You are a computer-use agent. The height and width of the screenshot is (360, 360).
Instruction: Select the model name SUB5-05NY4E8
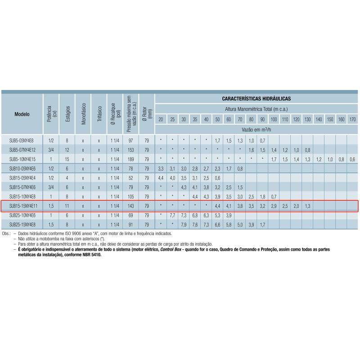(x=21, y=141)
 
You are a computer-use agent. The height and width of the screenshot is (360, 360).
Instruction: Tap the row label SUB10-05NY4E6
(x=22, y=169)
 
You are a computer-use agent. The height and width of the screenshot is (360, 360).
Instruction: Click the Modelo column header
(x=22, y=114)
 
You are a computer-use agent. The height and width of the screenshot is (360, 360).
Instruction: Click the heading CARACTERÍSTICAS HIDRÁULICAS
(x=256, y=98)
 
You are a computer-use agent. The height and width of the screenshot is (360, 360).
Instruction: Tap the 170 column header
(x=352, y=119)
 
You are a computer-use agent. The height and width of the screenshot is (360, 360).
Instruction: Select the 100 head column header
(x=274, y=119)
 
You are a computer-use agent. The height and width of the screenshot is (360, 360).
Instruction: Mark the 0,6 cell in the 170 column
(x=352, y=159)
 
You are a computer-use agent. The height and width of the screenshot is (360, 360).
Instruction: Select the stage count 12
(x=67, y=150)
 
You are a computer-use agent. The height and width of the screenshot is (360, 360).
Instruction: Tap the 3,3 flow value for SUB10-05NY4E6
(x=161, y=169)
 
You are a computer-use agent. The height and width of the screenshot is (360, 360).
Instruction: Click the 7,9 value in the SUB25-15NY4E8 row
(x=184, y=225)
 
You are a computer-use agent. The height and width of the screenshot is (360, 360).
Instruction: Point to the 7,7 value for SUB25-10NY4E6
(x=172, y=216)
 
